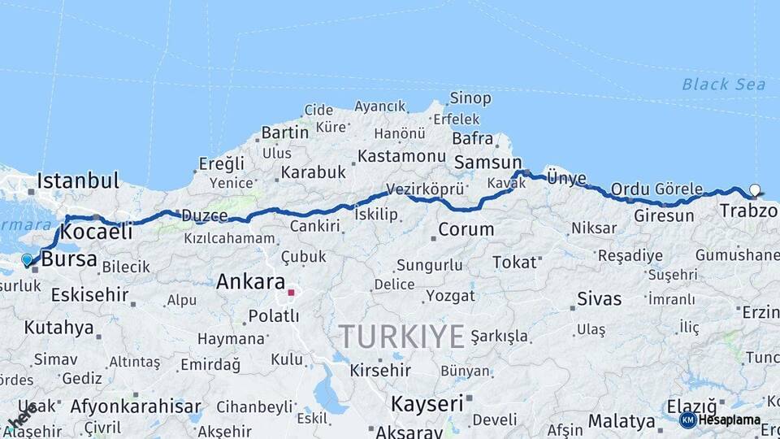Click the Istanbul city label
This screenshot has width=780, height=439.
[78, 180]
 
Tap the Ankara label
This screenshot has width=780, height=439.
[250, 283]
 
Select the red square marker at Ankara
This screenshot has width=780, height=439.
[291, 292]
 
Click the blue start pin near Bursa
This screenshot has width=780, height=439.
[27, 260]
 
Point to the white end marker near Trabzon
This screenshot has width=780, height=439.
[755, 190]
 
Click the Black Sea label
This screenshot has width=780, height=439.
[712, 84]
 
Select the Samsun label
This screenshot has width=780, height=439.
[487, 163]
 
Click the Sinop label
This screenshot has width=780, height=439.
[470, 98]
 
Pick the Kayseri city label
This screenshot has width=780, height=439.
[427, 402]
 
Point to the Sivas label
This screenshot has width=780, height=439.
[599, 298]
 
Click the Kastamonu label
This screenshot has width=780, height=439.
[401, 155]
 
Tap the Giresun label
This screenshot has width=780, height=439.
[664, 216]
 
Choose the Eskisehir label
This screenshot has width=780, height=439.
[89, 294]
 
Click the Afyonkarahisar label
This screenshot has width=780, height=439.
[136, 406]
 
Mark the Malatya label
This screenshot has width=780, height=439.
[622, 421]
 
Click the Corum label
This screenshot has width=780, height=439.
[466, 229]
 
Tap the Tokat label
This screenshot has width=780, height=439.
[515, 262]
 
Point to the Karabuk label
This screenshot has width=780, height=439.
[313, 172]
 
